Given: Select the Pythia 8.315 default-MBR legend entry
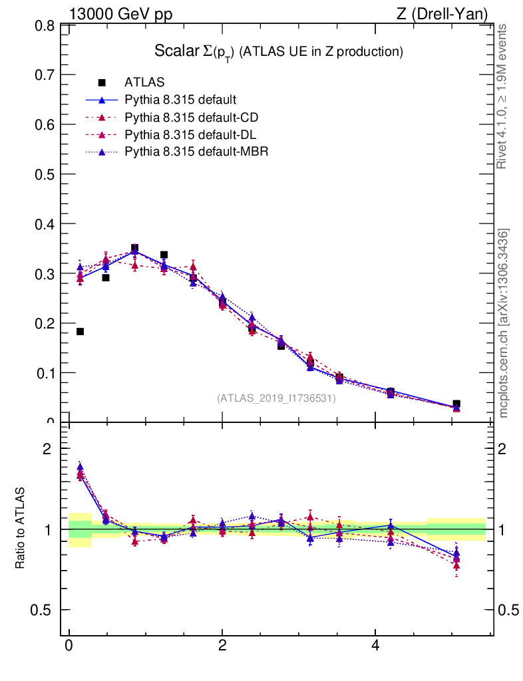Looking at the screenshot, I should click(196, 152).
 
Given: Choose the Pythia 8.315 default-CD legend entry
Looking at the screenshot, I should click(191, 118).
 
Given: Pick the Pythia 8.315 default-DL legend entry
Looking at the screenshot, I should click(191, 135).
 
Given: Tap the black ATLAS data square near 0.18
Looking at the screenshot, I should click(80, 331).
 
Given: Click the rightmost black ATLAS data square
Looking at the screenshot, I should click(456, 404).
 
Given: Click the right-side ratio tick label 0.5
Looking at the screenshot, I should click(510, 611).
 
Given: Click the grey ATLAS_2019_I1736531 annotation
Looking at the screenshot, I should click(276, 398).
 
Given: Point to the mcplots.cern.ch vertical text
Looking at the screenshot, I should click(504, 323).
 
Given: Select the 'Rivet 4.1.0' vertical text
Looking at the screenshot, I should click(503, 96).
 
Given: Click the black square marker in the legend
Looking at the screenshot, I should click(102, 83).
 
